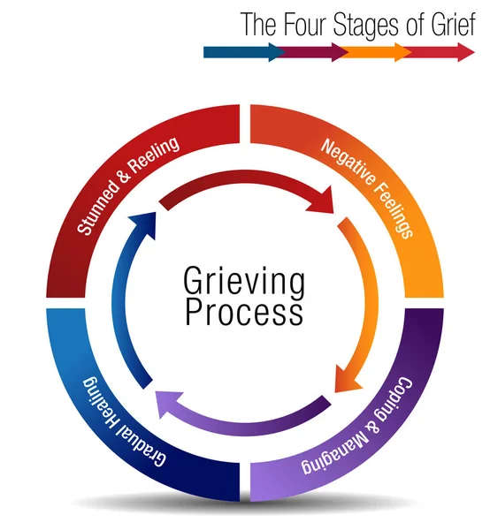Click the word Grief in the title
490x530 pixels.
point(454,24)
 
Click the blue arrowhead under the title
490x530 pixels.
point(278,52)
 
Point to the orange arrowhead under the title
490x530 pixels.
point(403,52)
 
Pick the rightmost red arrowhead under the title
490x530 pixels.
point(466,52)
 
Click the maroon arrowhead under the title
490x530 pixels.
point(341,52)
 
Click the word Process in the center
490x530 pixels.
point(244,314)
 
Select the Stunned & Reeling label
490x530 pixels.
point(127,185)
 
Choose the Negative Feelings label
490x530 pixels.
point(367,188)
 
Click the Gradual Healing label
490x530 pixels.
point(124,422)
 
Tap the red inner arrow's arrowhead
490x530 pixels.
point(321,201)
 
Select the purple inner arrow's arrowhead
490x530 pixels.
point(169,405)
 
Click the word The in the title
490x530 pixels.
point(259,24)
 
